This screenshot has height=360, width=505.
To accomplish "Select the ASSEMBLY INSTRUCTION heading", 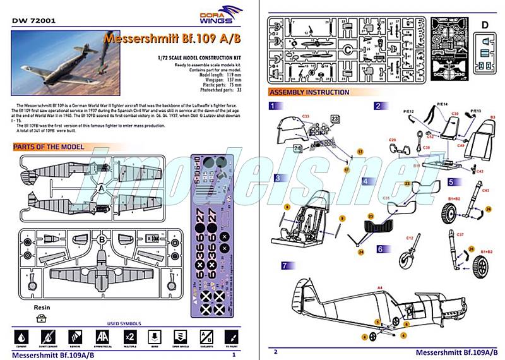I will [309, 92].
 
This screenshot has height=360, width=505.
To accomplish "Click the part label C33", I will [306, 117].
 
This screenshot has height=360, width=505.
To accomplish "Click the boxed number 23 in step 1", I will [335, 118].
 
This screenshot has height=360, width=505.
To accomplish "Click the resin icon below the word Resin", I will [41, 318].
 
